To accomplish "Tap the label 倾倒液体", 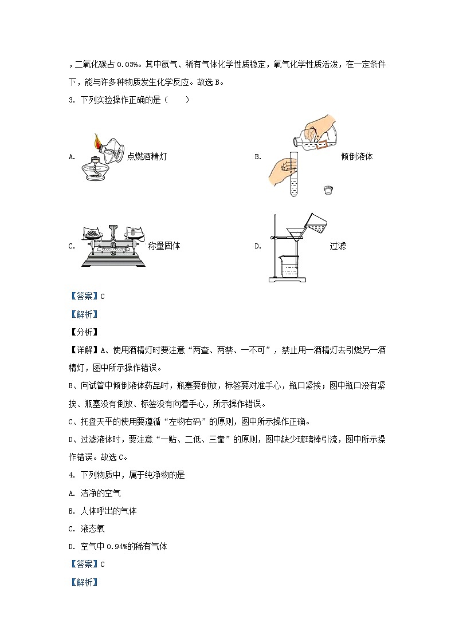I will tap(356, 156).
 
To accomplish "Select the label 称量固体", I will tap(164, 246).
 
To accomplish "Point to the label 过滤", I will tap(338, 246).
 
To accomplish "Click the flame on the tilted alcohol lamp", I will tap(97, 140).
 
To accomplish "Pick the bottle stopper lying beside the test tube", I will tap(328, 189).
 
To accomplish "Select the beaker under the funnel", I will tap(291, 267).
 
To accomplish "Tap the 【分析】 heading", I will tap(84, 332).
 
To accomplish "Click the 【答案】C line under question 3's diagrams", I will tap(87, 296).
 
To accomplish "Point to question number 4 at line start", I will tap(70, 475).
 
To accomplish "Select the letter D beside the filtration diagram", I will tap(258, 246).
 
